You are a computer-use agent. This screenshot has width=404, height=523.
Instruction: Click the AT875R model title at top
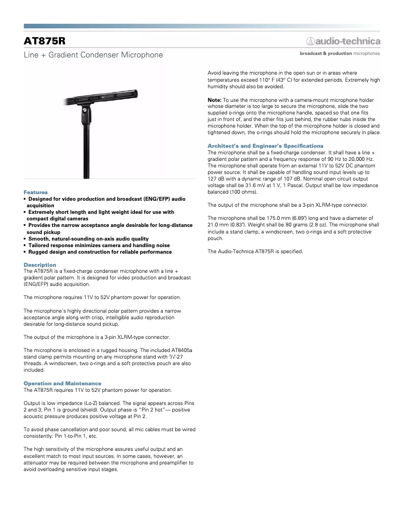coord(45,40)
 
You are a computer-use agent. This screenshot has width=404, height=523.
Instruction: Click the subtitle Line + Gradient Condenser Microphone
coord(93,54)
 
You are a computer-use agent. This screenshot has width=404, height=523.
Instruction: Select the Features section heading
coord(36,192)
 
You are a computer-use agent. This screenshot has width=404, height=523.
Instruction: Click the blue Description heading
coord(40,265)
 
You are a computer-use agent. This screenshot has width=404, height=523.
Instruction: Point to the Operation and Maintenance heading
coord(62,383)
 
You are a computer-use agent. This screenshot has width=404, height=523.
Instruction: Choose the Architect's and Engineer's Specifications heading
coord(265,146)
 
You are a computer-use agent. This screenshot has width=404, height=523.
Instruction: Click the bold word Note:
coord(215,100)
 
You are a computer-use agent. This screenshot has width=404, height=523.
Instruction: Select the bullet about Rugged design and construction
coord(100,252)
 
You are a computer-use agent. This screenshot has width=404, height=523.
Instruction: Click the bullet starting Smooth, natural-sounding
coord(88,239)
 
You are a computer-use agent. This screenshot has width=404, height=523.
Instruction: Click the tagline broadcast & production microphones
coord(340,53)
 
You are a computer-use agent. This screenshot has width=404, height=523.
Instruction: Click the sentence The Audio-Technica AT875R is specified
coord(255,251)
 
